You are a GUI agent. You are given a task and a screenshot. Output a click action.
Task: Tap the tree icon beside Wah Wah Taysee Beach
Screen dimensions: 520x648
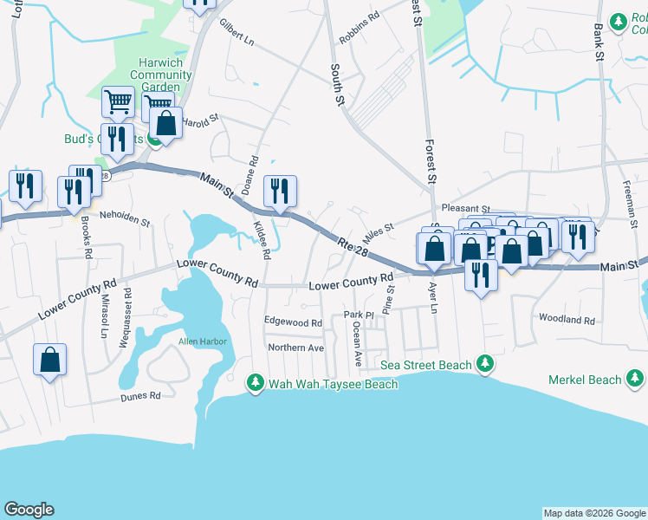pos(255,382)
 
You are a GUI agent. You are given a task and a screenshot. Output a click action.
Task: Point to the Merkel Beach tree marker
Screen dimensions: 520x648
pos(635,378)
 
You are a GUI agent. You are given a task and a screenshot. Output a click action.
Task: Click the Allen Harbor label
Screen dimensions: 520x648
pos(202,341)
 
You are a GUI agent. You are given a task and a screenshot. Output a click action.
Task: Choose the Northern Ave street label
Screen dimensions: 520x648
pos(295,348)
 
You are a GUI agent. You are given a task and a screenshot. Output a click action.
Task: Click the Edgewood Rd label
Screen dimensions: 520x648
pos(293,322)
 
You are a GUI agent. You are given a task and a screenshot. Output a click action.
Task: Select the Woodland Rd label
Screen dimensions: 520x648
pos(567,320)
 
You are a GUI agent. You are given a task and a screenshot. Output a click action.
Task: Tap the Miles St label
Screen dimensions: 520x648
pos(378,231)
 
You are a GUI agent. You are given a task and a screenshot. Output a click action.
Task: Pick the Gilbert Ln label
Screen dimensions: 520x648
pos(237,32)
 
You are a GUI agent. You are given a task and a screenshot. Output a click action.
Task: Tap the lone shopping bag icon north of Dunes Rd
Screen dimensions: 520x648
pos(50,361)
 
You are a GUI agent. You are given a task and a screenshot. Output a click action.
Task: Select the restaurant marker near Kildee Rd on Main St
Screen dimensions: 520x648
pos(279,192)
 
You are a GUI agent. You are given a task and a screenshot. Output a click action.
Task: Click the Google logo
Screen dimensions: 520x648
pos(29,510)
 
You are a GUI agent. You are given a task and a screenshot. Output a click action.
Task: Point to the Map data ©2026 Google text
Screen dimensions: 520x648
pos(593,513)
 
